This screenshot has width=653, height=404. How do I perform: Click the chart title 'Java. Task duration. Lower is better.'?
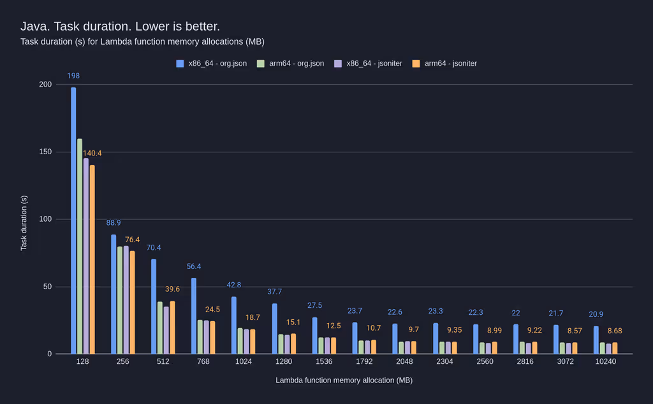(120, 26)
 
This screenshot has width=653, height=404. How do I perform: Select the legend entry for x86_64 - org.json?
(212, 64)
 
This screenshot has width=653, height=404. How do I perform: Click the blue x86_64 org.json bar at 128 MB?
(73, 220)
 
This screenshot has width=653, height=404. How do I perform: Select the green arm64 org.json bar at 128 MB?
(80, 246)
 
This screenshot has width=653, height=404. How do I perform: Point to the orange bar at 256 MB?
(133, 302)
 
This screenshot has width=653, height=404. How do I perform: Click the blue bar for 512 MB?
(154, 307)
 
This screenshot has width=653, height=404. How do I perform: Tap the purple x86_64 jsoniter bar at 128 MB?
(86, 256)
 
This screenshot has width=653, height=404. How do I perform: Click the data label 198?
(73, 76)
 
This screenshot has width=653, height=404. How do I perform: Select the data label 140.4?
(92, 153)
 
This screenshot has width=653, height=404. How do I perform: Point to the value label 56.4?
(194, 266)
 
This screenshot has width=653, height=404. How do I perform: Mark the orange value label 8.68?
(615, 331)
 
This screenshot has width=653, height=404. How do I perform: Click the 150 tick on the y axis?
(45, 152)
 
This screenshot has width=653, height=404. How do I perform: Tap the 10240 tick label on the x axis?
(605, 361)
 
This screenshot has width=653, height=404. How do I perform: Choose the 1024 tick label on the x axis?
(243, 361)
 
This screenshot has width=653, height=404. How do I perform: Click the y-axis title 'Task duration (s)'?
(24, 223)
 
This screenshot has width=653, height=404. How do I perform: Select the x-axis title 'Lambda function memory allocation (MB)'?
(344, 380)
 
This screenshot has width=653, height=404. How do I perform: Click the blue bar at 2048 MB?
(395, 338)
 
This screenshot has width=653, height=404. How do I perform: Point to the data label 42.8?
(234, 285)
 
